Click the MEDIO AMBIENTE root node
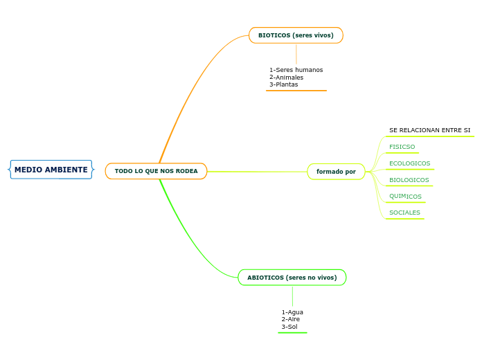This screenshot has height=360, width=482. pyautogui.click(x=51, y=170)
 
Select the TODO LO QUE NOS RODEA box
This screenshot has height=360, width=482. pyautogui.click(x=156, y=171)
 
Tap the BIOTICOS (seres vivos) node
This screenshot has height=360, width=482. pyautogui.click(x=296, y=35)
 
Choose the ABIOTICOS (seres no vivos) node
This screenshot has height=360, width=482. pyautogui.click(x=292, y=278)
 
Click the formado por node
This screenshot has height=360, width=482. pyautogui.click(x=336, y=172)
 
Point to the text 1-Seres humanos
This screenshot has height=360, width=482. pyautogui.click(x=296, y=70)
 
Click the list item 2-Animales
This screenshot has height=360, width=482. pyautogui.click(x=286, y=78)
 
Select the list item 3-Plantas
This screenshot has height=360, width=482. pyautogui.click(x=283, y=84)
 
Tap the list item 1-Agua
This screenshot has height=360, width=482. pyautogui.click(x=292, y=312)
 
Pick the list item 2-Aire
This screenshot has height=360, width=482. pyautogui.click(x=291, y=319)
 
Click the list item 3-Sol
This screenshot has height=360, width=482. pyautogui.click(x=289, y=327)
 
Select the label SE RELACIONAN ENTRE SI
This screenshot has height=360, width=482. pyautogui.click(x=429, y=130)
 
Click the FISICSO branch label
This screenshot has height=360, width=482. pyautogui.click(x=402, y=147)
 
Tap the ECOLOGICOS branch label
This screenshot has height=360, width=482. pyautogui.click(x=409, y=163)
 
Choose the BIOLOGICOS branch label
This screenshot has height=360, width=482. pyautogui.click(x=409, y=180)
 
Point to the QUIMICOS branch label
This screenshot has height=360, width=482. pyautogui.click(x=405, y=197)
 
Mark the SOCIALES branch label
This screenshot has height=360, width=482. pyautogui.click(x=404, y=213)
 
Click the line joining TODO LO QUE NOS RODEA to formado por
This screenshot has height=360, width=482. pyautogui.click(x=256, y=172)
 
